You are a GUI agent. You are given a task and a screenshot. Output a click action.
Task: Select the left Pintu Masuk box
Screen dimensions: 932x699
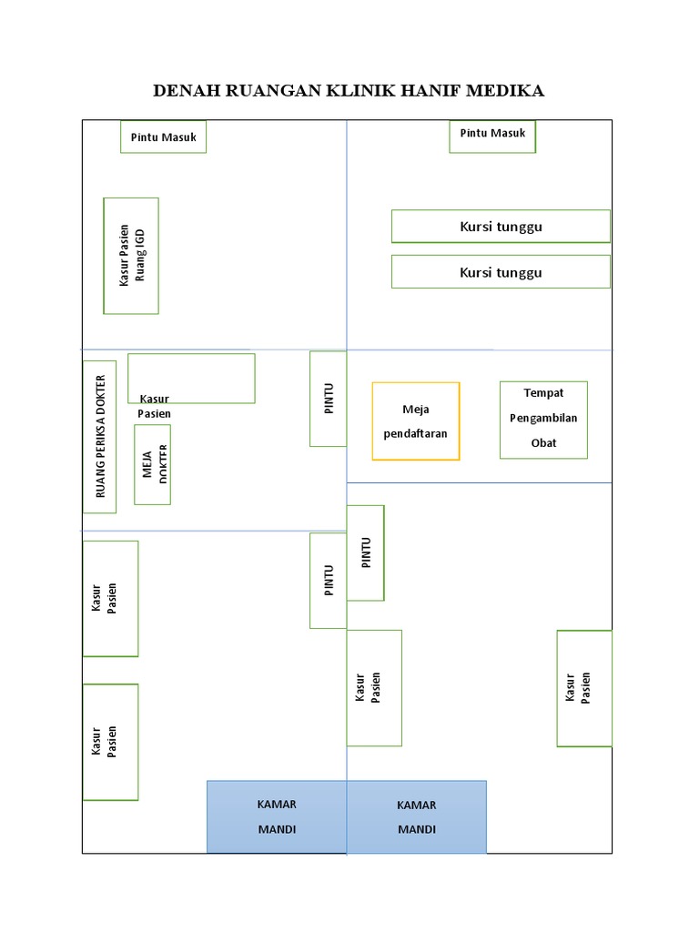click(x=163, y=137)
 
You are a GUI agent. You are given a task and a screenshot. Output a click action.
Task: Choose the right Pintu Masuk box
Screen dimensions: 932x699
click(x=492, y=136)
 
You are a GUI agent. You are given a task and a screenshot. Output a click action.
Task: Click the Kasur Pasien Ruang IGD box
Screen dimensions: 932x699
click(x=131, y=256)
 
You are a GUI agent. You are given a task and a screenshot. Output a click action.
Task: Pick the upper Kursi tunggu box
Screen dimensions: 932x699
click(x=501, y=227)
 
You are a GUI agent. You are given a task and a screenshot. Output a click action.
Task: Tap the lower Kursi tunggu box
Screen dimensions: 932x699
click(x=501, y=272)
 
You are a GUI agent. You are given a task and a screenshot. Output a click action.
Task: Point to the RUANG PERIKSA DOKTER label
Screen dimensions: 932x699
click(x=100, y=436)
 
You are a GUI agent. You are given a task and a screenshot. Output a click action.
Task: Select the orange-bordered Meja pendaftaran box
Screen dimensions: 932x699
click(x=416, y=421)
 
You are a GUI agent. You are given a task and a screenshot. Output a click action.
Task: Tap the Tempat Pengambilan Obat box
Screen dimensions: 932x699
click(x=543, y=420)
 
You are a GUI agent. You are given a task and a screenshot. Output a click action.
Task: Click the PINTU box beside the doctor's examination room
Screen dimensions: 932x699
click(x=328, y=399)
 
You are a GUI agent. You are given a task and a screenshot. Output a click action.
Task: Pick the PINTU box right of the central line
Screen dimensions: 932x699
click(x=366, y=552)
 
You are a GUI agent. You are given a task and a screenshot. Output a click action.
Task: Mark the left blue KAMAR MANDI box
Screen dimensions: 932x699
click(x=277, y=816)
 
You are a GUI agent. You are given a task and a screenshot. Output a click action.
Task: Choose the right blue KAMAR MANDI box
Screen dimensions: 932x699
click(x=417, y=816)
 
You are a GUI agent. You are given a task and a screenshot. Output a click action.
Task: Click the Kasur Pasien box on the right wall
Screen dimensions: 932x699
click(x=584, y=688)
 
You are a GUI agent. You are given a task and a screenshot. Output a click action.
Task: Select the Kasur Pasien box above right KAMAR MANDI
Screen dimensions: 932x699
click(x=374, y=688)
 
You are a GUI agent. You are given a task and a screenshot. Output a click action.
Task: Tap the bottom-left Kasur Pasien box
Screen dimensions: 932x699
click(x=110, y=742)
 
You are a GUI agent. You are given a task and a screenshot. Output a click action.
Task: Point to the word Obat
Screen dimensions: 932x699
click(x=543, y=443)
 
